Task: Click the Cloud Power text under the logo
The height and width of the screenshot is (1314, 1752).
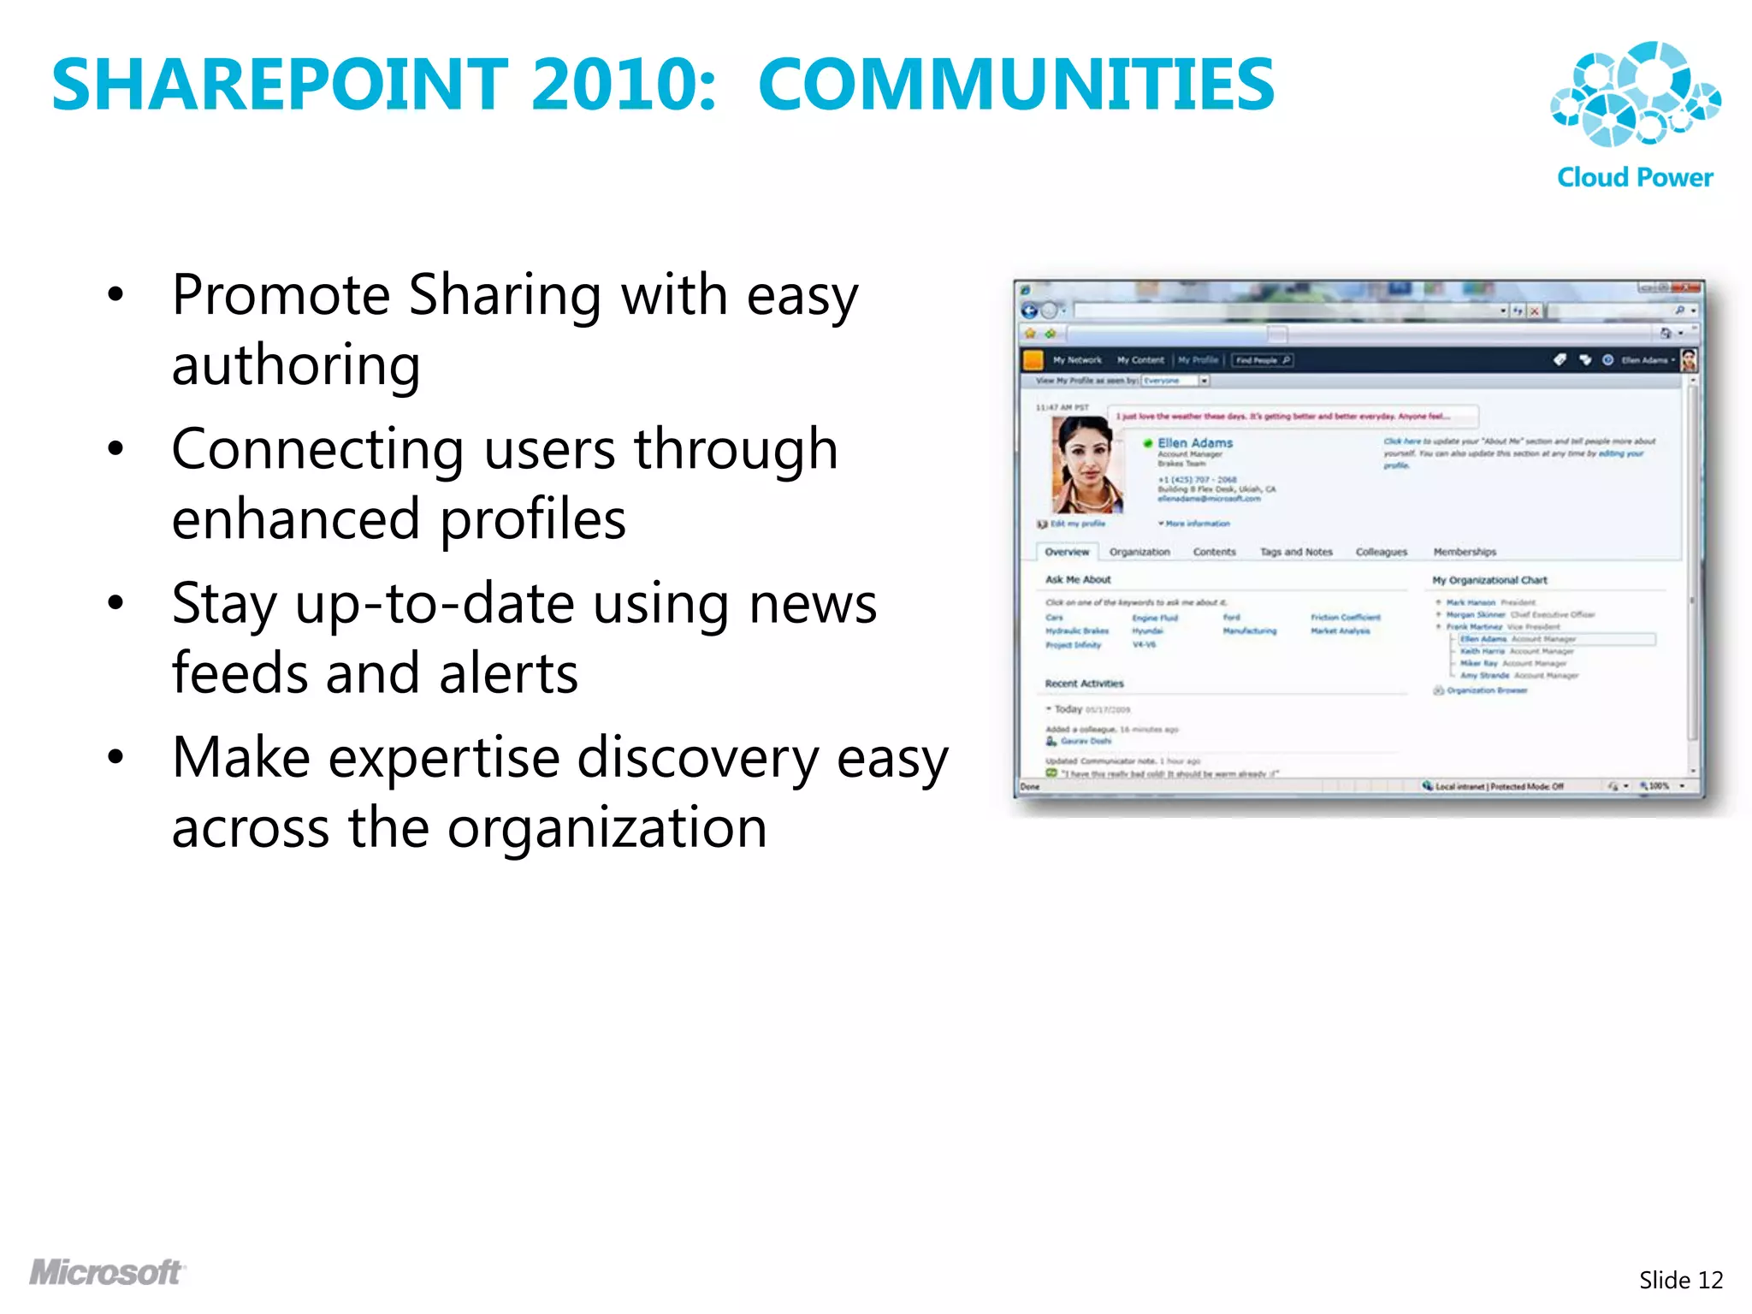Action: [x=1634, y=177]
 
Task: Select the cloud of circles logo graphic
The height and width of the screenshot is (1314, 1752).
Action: [x=1635, y=94]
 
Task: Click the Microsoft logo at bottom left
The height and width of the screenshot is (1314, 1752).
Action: [x=106, y=1272]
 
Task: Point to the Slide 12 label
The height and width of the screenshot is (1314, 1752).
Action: [x=1680, y=1280]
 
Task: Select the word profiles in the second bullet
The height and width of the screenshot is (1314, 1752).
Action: [x=533, y=519]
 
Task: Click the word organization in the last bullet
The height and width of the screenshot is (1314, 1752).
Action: [x=607, y=828]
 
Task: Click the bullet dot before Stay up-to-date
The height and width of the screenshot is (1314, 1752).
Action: [x=115, y=603]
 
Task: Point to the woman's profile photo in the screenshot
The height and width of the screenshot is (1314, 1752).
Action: [x=1086, y=465]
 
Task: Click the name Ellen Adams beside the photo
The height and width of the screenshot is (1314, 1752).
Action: [x=1194, y=442]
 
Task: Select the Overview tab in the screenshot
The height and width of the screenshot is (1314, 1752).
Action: [x=1067, y=552]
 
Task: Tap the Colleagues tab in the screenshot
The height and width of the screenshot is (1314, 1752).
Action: [x=1381, y=552]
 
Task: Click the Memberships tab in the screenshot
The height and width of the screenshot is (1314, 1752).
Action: [x=1465, y=552]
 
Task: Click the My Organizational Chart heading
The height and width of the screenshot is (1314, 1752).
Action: [x=1489, y=580]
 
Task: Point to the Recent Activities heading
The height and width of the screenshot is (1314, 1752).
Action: [x=1084, y=684]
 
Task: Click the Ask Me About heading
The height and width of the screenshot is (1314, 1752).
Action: [x=1078, y=579]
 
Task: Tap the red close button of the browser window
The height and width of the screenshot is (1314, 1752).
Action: [x=1687, y=288]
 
